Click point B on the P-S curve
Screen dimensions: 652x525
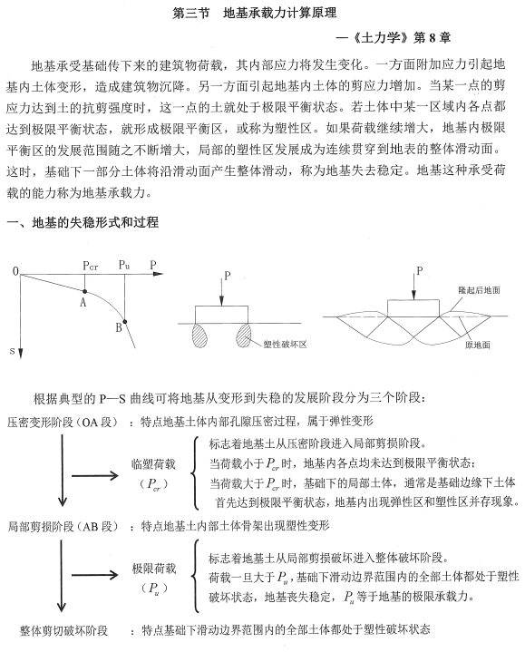point(126,321)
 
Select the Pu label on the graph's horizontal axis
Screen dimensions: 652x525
point(123,264)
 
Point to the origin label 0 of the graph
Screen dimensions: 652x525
point(15,271)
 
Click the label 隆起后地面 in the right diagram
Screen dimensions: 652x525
point(481,289)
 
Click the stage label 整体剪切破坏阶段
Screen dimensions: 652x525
point(64,630)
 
